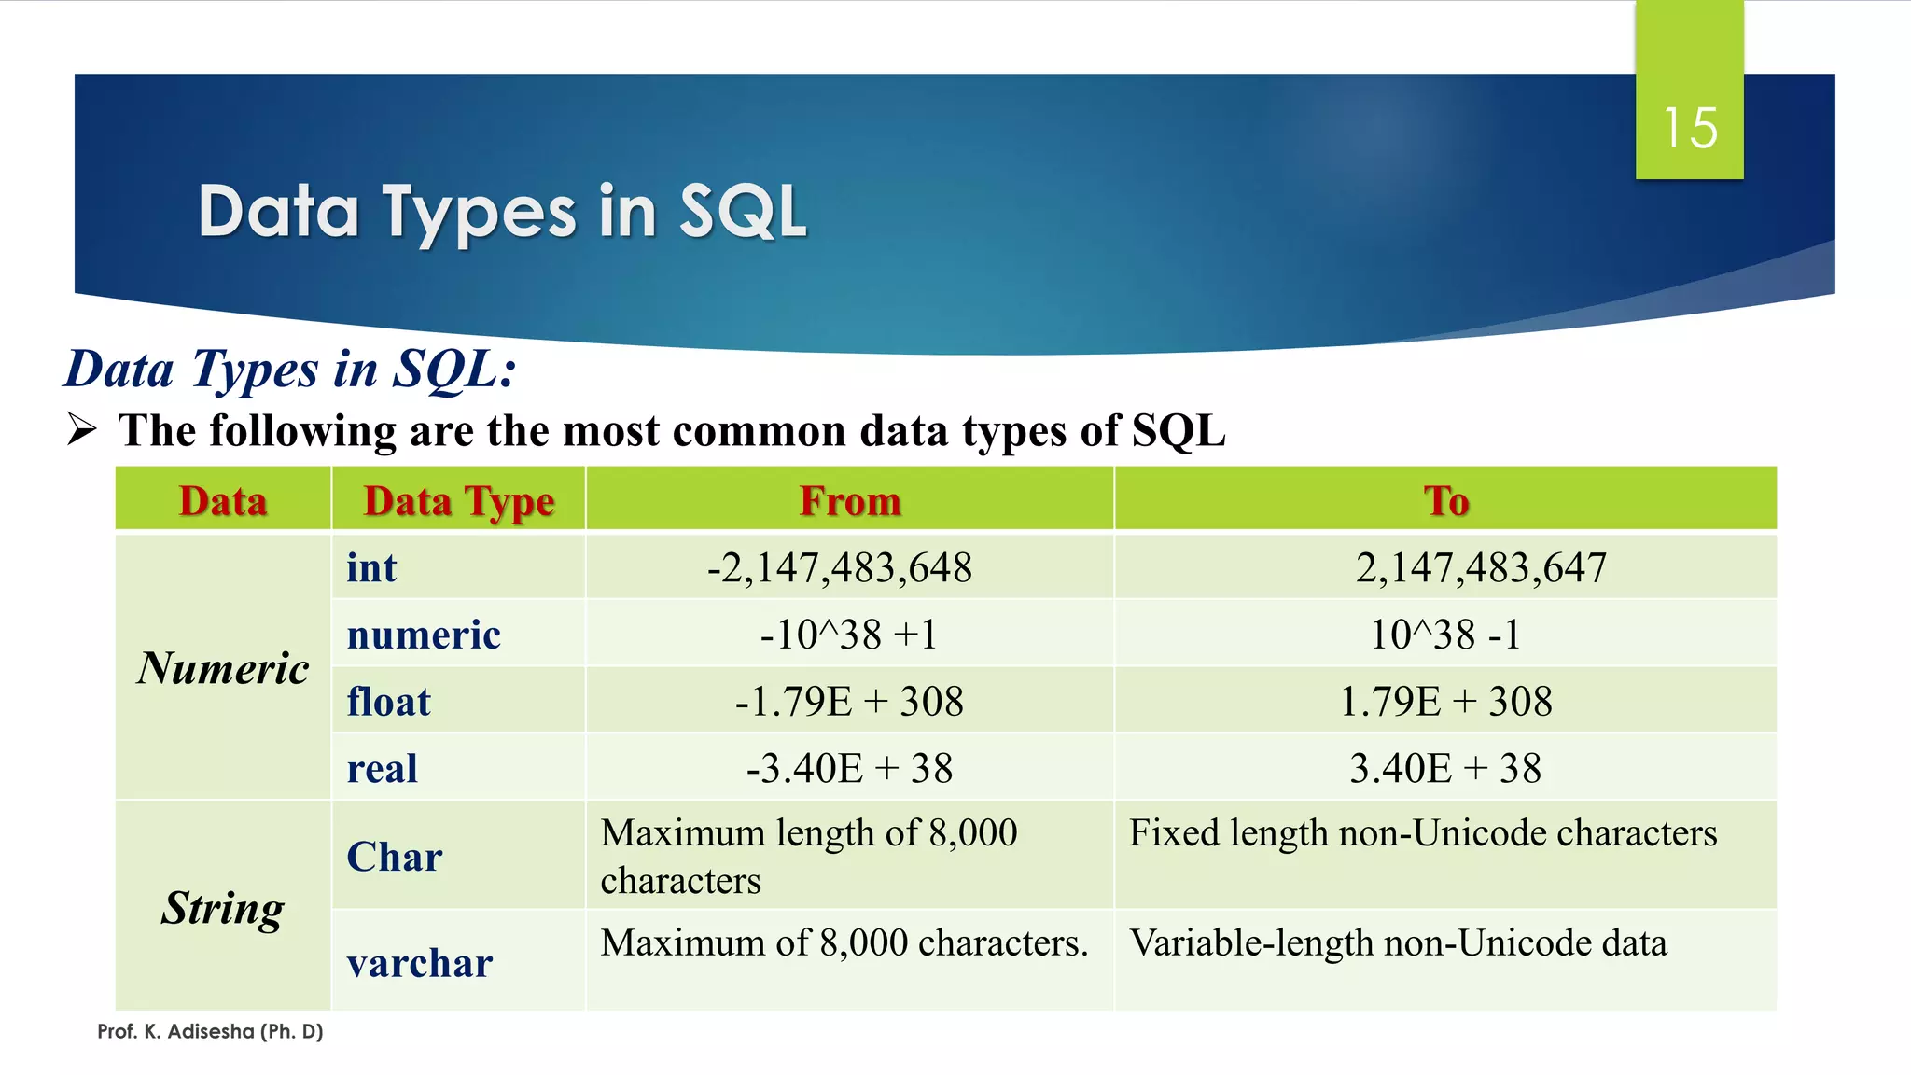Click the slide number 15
point(1689,128)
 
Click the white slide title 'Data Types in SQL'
point(502,212)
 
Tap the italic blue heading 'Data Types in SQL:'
point(290,370)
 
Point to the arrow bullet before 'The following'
point(82,430)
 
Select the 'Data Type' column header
point(458,501)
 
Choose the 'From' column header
point(849,501)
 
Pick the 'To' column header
point(1445,501)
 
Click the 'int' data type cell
point(371,567)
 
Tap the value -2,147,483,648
point(839,567)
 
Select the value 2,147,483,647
point(1480,567)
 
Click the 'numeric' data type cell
point(424,635)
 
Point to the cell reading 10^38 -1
point(1444,635)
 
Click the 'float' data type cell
point(388,702)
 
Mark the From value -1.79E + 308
point(848,702)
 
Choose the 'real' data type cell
point(382,769)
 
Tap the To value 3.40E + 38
point(1444,769)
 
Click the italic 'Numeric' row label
point(222,668)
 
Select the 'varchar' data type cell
point(419,963)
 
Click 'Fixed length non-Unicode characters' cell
point(1422,833)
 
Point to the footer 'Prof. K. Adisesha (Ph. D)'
point(210,1031)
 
